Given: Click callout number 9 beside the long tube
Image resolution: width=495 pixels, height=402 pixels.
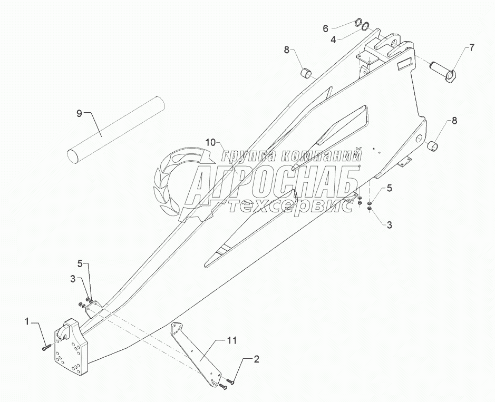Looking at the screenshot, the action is click(x=79, y=113).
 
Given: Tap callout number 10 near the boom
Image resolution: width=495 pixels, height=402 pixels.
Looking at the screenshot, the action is click(x=211, y=143).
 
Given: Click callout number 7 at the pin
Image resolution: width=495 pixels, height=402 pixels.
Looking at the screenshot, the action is click(x=471, y=47).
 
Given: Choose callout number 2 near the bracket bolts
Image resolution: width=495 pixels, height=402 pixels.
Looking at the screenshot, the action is click(x=256, y=360).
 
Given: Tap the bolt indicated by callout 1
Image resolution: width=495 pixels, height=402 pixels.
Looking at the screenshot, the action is click(x=46, y=347).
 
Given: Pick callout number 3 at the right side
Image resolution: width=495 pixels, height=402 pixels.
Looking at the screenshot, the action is click(x=390, y=225).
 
